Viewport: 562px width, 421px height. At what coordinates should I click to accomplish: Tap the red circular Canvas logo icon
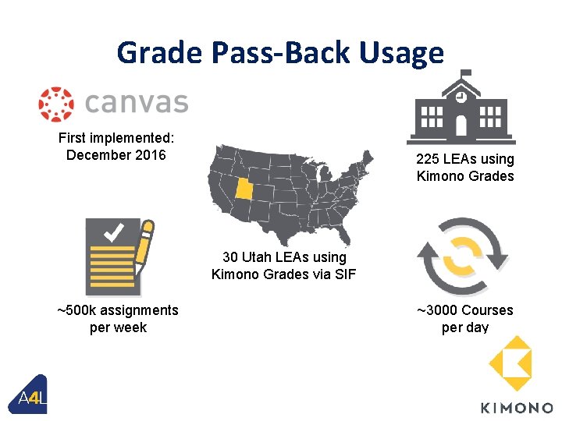(x=55, y=104)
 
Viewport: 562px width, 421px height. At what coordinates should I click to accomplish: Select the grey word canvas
(x=137, y=103)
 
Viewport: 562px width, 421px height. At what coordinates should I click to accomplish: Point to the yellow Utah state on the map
(x=246, y=188)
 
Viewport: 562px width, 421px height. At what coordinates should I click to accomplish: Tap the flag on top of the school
(x=466, y=74)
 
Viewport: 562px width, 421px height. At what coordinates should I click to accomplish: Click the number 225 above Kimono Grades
(x=431, y=159)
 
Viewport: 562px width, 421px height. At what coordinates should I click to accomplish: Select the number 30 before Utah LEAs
(x=230, y=256)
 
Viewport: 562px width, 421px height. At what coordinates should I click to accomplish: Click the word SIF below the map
(x=343, y=273)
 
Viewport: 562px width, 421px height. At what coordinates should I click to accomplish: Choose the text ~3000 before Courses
(x=437, y=310)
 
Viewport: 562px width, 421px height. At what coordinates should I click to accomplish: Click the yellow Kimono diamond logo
(x=510, y=364)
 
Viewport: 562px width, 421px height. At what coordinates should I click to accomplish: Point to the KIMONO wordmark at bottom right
(x=515, y=407)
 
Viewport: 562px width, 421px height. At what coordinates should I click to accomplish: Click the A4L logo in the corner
(x=31, y=398)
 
